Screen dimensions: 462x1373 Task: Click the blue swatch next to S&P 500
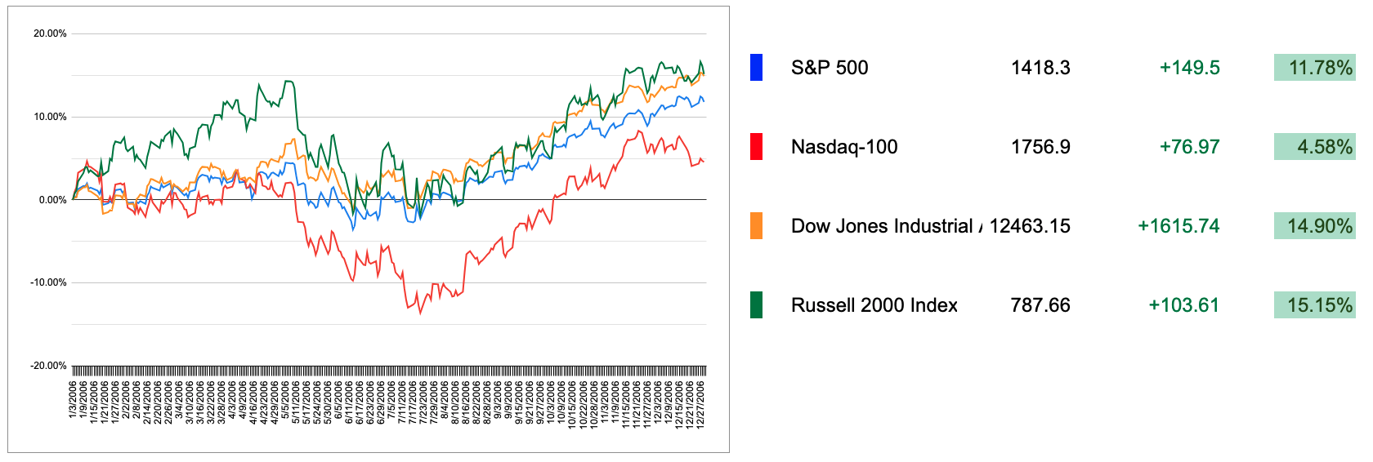pyautogui.click(x=756, y=68)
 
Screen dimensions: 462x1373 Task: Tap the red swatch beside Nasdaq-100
pyautogui.click(x=756, y=147)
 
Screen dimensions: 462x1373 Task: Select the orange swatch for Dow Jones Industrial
pyautogui.click(x=756, y=226)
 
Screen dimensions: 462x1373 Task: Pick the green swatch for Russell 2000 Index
pyautogui.click(x=756, y=305)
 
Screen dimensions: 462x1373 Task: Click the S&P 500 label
pyautogui.click(x=829, y=68)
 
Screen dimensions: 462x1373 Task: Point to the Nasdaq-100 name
pyautogui.click(x=844, y=147)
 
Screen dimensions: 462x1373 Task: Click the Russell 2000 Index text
pyautogui.click(x=874, y=305)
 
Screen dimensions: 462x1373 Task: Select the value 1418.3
pyautogui.click(x=1040, y=68)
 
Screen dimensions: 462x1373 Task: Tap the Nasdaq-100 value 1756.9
pyautogui.click(x=1040, y=147)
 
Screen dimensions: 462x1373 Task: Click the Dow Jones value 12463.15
pyautogui.click(x=1030, y=226)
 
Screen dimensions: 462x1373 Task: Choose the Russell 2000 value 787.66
pyautogui.click(x=1040, y=305)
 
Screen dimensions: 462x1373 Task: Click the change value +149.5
pyautogui.click(x=1189, y=68)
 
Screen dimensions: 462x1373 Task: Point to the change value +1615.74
pyautogui.click(x=1178, y=226)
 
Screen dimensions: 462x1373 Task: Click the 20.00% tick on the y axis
pyautogui.click(x=50, y=33)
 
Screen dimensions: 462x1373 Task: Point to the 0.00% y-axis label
pyautogui.click(x=52, y=200)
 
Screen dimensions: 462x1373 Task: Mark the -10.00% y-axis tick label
pyautogui.click(x=49, y=282)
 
